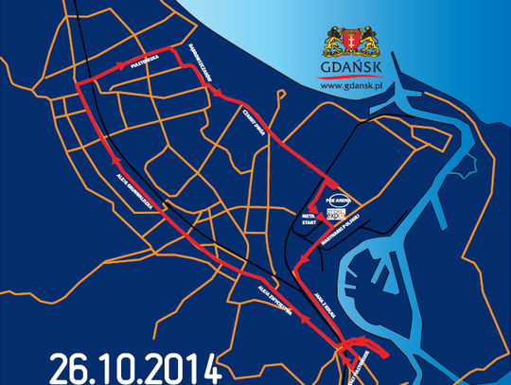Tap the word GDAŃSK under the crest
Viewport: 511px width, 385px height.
tap(352, 70)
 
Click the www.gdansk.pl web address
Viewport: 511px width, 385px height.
tap(352, 86)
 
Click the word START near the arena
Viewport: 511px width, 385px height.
tap(308, 225)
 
